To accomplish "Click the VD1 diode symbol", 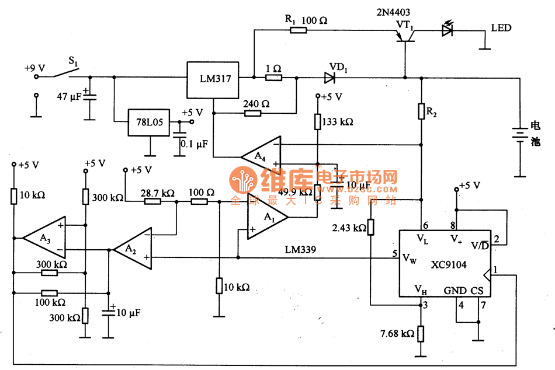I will pyautogui.click(x=331, y=76).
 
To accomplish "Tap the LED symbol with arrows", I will pyautogui.click(x=448, y=30).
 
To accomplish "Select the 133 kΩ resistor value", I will pyautogui.click(x=337, y=121).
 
